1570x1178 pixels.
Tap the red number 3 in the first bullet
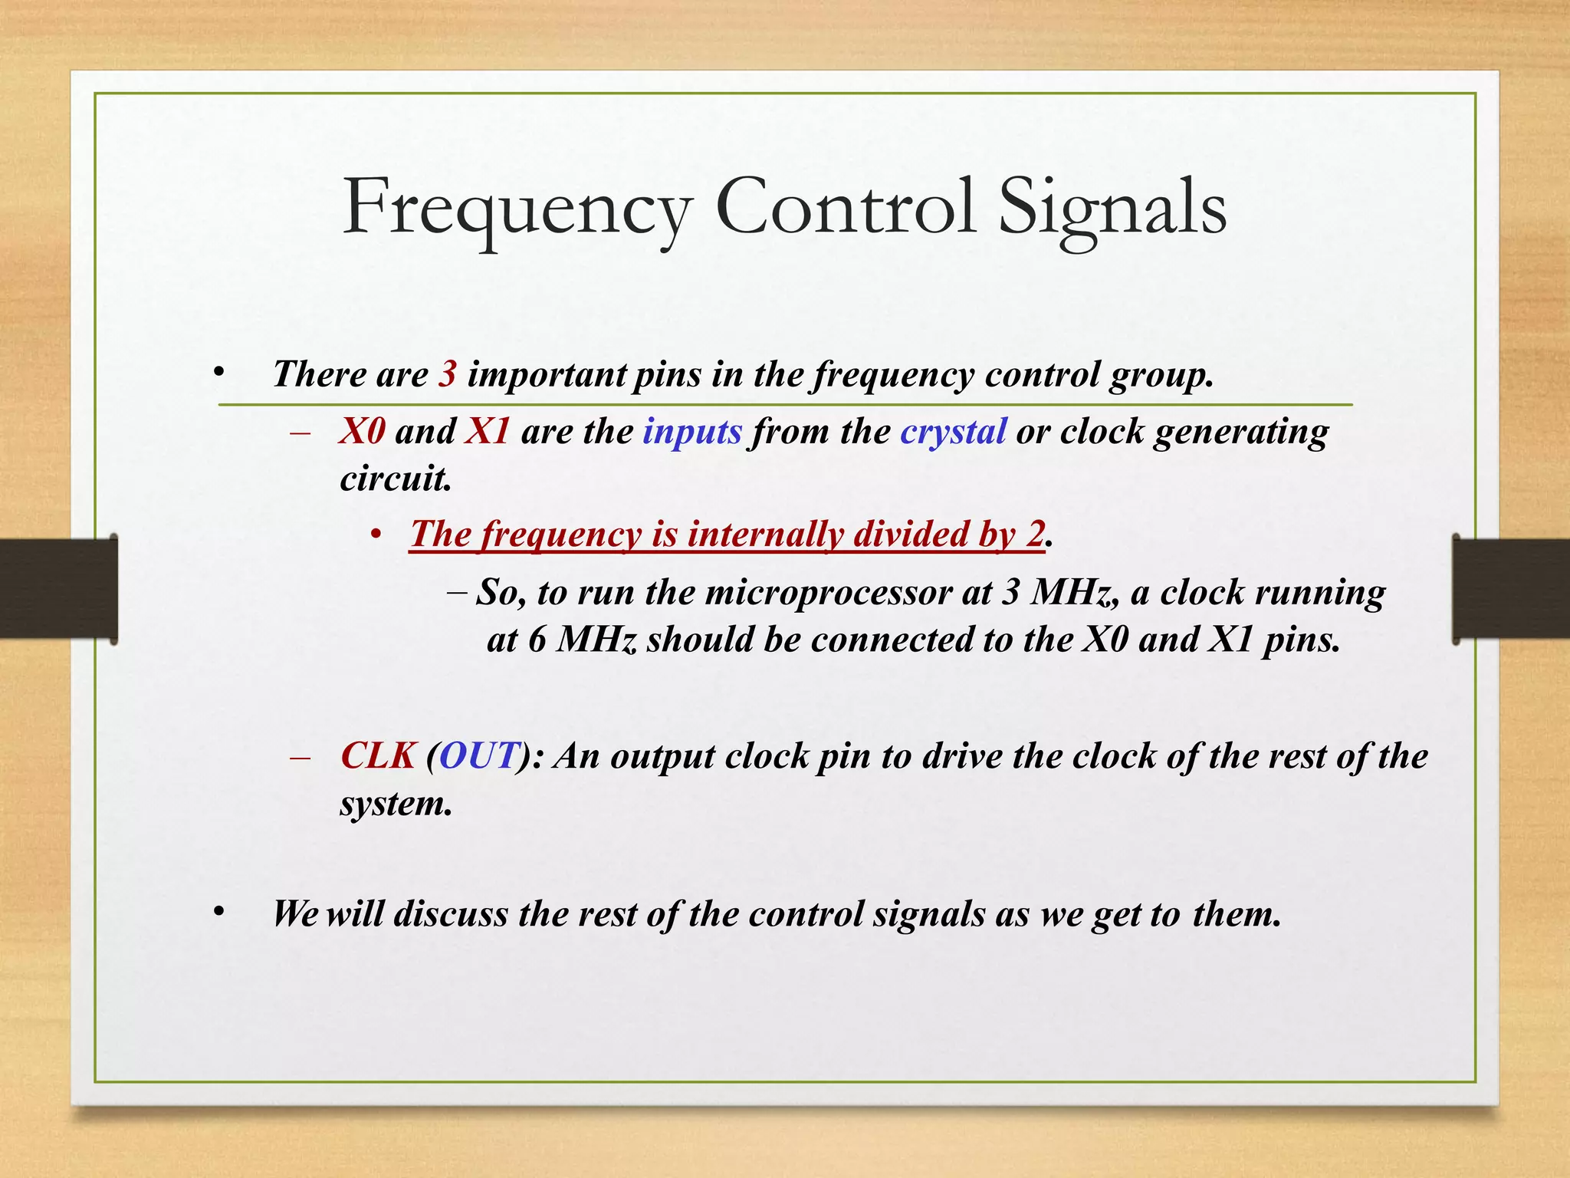click(x=448, y=375)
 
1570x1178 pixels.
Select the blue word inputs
click(x=691, y=432)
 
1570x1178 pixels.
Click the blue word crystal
click(x=952, y=432)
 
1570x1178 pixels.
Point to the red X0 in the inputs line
click(x=362, y=432)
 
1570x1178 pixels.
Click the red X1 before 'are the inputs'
click(x=488, y=432)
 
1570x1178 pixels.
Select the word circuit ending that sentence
click(x=395, y=479)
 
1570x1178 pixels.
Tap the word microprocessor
click(x=827, y=593)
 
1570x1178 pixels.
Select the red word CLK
click(x=378, y=757)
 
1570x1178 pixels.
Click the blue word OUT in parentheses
click(x=477, y=757)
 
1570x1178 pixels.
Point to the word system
click(x=395, y=805)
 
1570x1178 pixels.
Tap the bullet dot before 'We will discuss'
click(x=219, y=912)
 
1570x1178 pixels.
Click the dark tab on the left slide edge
click(x=58, y=589)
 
